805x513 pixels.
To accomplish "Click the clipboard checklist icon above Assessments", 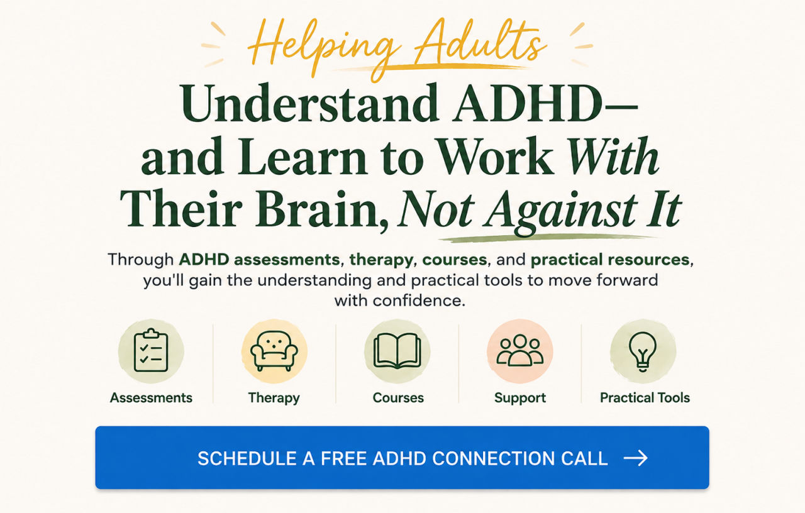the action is point(151,350).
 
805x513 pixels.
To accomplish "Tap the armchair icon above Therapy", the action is point(274,351).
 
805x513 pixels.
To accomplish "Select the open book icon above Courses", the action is point(397,351).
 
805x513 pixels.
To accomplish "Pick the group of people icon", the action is point(519,350).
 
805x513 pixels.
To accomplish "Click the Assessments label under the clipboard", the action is point(151,398).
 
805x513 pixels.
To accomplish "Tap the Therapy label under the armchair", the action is point(274,398).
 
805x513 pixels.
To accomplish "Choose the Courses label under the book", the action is point(398,398).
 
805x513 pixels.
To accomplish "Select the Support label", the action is point(520,398).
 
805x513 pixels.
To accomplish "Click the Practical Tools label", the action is point(645,398).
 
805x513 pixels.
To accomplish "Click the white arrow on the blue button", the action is point(635,458).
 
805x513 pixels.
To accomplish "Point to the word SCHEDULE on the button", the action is point(247,458).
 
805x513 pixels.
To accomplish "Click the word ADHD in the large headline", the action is point(527,103).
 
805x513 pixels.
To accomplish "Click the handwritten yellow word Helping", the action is point(324,46).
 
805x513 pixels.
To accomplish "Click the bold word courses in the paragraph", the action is point(455,260).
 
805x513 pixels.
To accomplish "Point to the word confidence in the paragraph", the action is point(419,301).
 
